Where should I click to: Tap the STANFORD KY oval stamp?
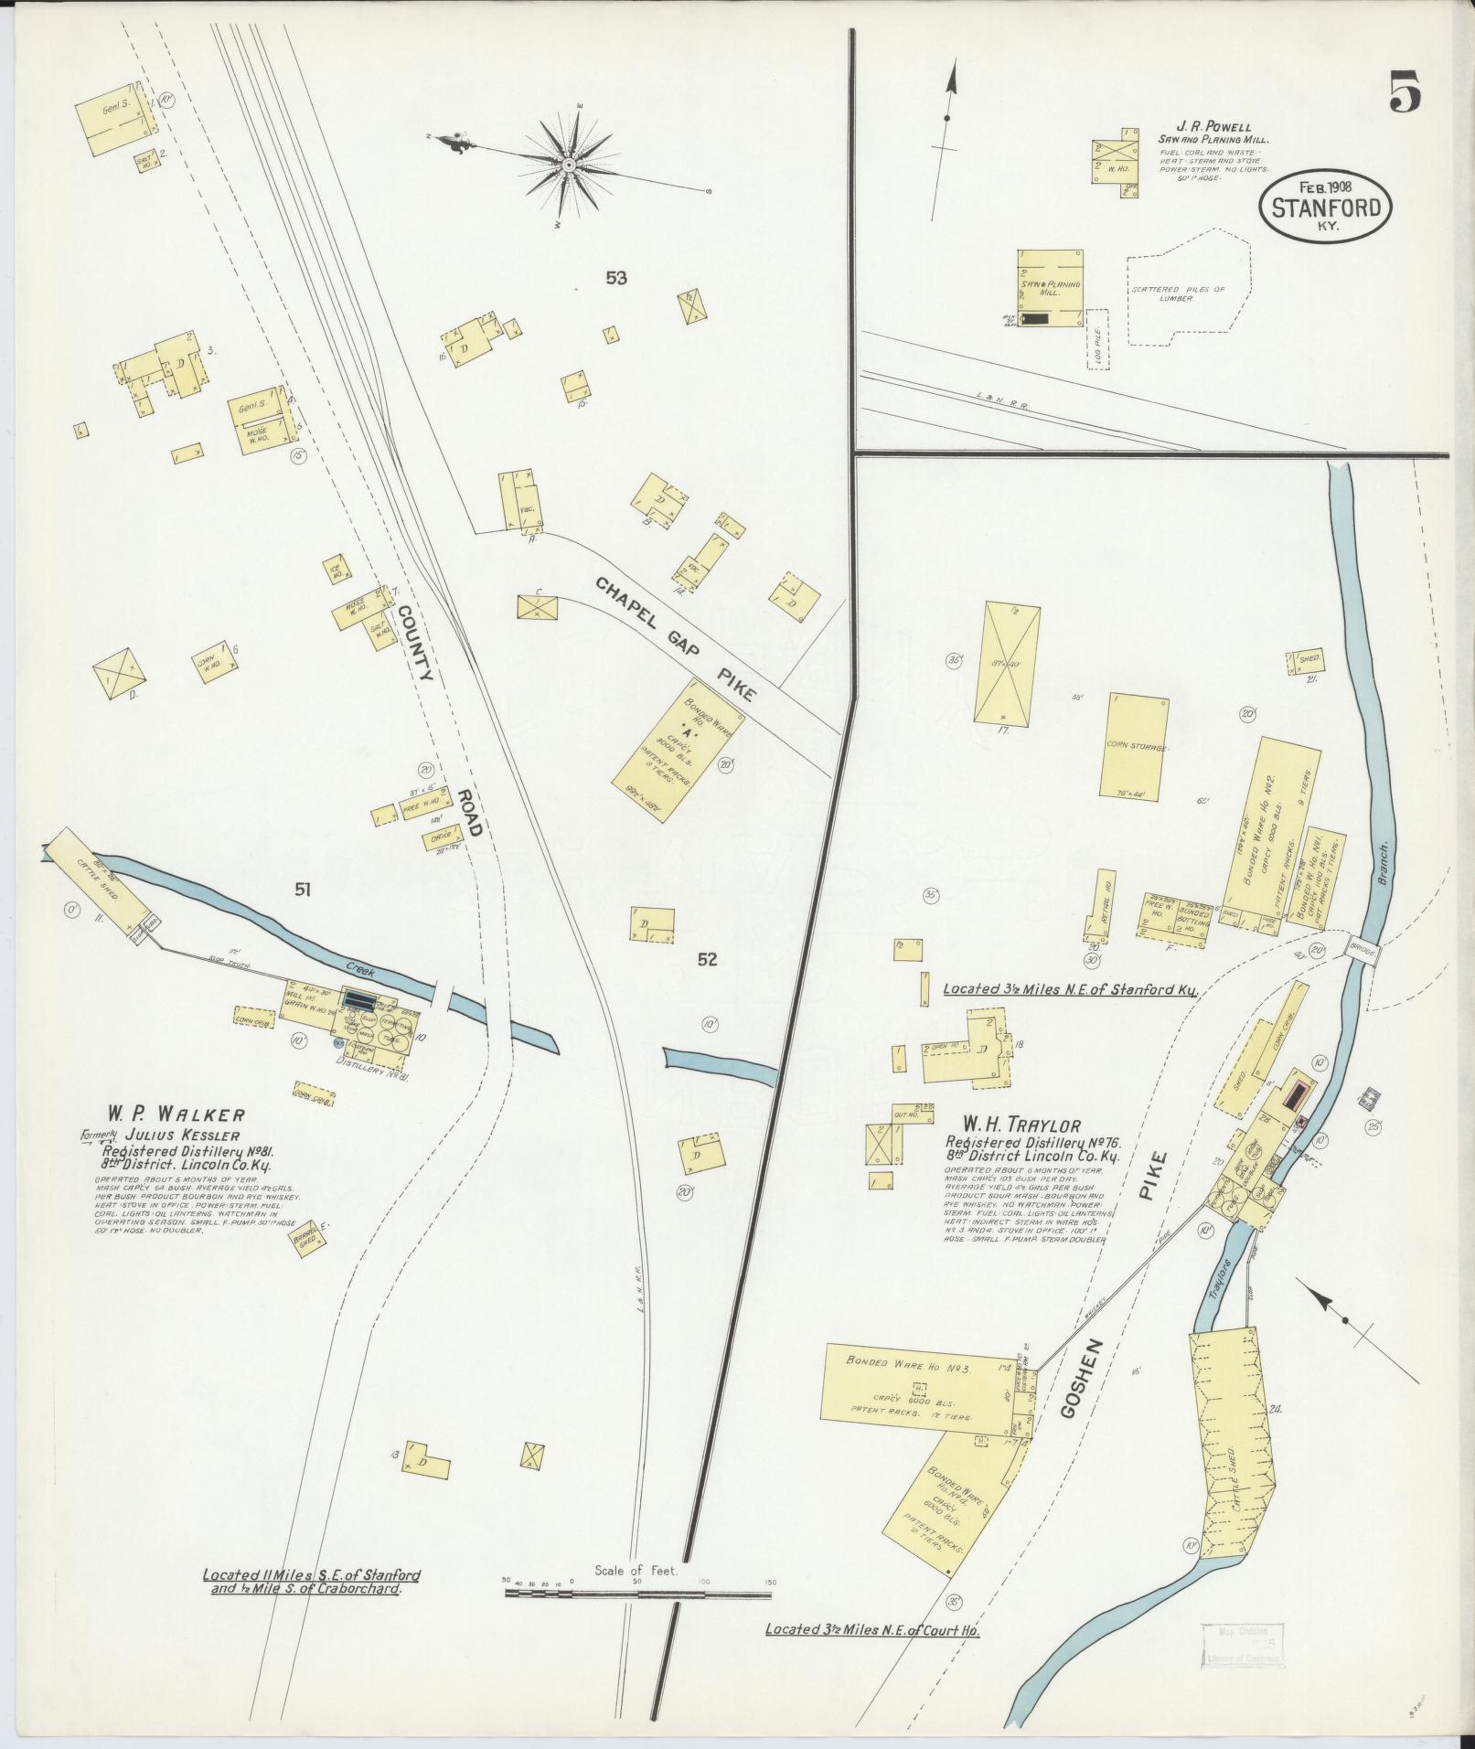[1326, 208]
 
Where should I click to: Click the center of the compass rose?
[568, 165]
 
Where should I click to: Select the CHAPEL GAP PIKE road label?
[677, 639]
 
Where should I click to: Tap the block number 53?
[615, 278]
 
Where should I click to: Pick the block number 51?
[303, 888]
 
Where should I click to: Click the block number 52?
[707, 959]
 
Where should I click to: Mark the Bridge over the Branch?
[1362, 950]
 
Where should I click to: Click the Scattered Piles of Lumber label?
[1178, 293]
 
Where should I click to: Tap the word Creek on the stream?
[362, 966]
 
